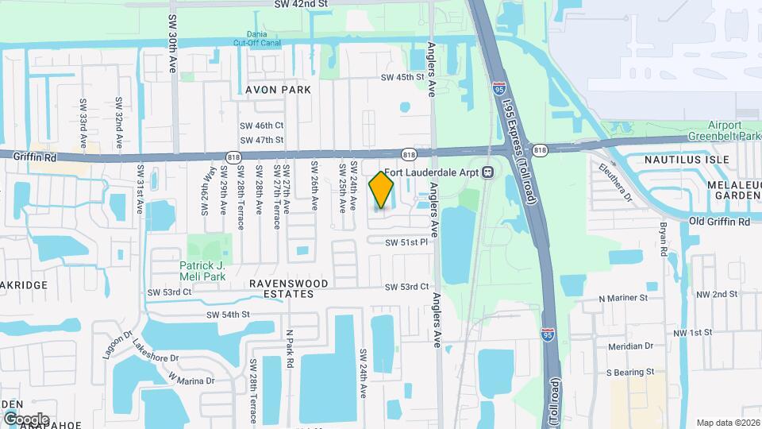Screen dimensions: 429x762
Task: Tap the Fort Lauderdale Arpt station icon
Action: pos(490,172)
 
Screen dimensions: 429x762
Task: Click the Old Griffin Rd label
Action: pos(718,222)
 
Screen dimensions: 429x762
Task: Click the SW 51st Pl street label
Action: pos(406,242)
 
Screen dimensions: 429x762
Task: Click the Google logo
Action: pos(25,419)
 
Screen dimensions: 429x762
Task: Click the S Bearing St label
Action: pos(629,371)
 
